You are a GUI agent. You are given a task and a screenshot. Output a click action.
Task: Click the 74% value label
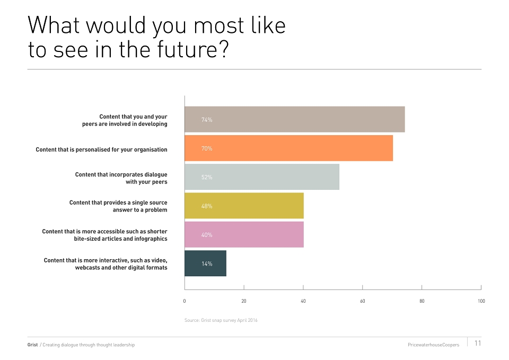click(207, 120)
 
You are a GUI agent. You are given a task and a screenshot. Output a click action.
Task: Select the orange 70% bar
click(288, 148)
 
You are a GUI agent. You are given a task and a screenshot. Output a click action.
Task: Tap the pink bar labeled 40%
click(244, 234)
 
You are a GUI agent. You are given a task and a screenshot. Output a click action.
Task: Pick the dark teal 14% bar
click(206, 264)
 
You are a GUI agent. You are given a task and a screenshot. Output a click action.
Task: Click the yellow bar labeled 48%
click(244, 206)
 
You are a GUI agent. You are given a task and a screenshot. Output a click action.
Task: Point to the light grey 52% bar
click(262, 177)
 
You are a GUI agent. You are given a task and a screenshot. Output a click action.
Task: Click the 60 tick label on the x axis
click(362, 301)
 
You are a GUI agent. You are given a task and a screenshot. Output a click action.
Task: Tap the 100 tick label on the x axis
click(481, 301)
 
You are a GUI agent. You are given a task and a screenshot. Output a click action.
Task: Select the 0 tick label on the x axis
click(185, 301)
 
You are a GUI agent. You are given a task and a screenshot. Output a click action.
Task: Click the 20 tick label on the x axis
click(244, 301)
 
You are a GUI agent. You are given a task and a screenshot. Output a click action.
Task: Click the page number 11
click(478, 343)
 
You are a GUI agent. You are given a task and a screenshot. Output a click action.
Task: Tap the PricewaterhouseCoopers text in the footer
click(433, 345)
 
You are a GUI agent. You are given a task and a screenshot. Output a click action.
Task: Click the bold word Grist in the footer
click(32, 345)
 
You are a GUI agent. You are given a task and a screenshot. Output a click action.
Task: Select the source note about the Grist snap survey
click(221, 320)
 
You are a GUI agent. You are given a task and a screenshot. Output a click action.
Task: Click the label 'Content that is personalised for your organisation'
click(102, 150)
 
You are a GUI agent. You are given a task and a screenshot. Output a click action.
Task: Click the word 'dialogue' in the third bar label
click(156, 174)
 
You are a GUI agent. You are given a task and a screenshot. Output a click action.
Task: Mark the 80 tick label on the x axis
click(422, 301)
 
